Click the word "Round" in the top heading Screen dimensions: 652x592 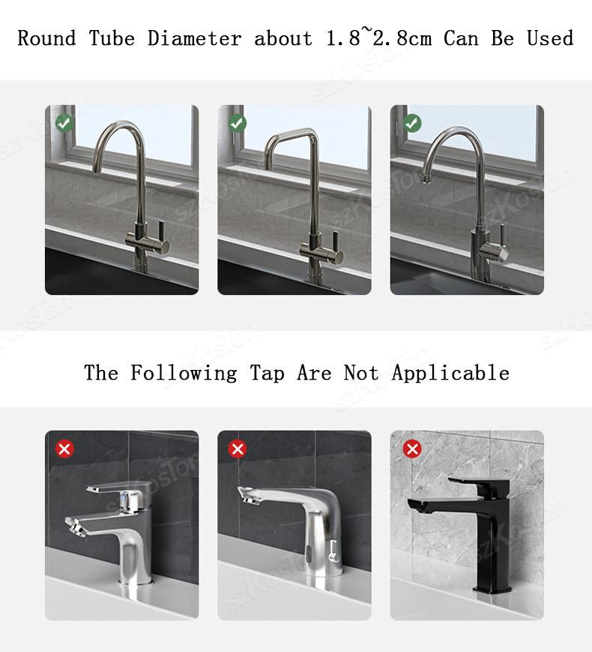point(46,38)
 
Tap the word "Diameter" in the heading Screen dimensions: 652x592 point(194,38)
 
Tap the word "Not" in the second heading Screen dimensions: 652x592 point(361,373)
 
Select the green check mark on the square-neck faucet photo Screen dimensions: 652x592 point(238,122)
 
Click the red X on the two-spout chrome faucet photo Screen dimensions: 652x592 point(64,449)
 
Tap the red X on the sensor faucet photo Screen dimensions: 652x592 point(238,449)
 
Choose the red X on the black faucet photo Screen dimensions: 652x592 point(412,449)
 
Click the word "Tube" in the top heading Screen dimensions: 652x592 point(112,38)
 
